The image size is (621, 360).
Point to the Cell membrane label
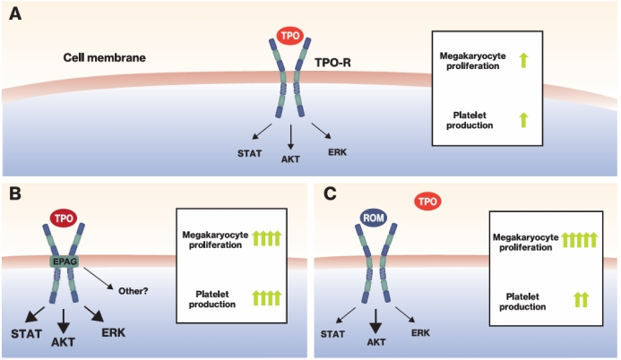coord(104,58)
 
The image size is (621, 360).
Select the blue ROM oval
coord(373,218)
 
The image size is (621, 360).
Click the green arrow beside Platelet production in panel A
coord(523,119)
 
